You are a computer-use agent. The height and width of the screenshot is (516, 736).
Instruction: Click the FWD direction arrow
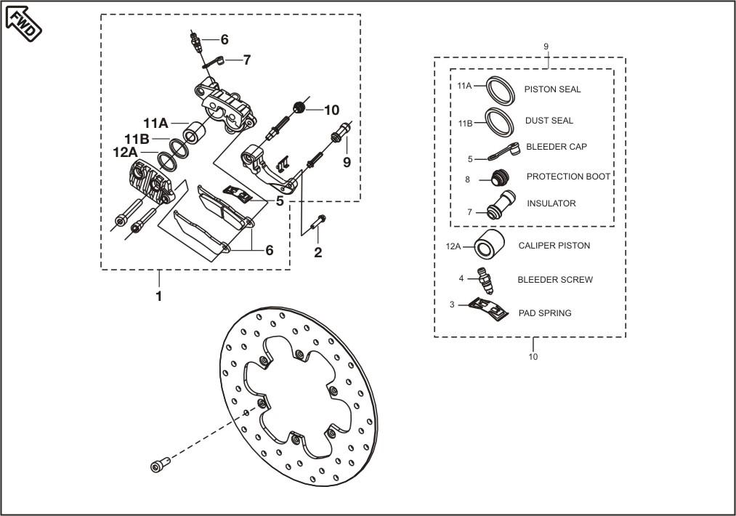23,23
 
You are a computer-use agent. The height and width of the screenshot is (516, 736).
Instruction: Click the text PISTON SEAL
552,89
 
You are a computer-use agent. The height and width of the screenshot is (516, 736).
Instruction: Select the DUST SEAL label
549,121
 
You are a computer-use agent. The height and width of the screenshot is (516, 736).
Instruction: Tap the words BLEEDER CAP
556,147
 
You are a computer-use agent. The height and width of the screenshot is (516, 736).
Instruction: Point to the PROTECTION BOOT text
568,177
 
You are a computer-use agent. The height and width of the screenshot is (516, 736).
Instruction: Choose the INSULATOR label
551,203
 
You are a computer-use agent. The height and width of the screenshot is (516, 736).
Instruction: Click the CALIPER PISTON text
554,246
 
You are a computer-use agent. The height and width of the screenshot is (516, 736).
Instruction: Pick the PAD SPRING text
544,313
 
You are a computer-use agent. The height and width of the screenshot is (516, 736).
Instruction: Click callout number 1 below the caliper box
158,296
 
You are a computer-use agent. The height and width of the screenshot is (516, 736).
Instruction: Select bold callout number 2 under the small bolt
318,253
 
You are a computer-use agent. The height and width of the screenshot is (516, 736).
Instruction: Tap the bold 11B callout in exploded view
137,139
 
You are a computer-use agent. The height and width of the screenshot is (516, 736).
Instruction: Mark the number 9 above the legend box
546,47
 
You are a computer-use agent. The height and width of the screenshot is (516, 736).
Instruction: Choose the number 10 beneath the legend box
533,357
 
